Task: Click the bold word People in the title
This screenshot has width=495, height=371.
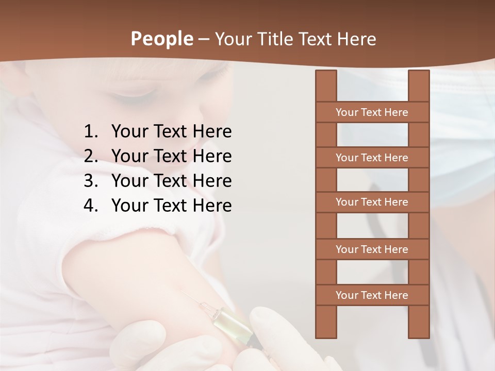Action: click(x=162, y=39)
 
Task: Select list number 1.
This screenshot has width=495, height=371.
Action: click(x=91, y=132)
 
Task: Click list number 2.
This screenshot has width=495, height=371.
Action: click(x=91, y=156)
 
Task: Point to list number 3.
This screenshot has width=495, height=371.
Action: click(x=91, y=181)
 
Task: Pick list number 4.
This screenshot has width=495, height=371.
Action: click(x=91, y=206)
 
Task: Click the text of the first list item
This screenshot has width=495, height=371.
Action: click(x=171, y=132)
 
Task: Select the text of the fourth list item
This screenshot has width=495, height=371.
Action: click(x=171, y=206)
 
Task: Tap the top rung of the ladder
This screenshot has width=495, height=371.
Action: click(x=372, y=112)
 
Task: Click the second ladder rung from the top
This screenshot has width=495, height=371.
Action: click(x=372, y=158)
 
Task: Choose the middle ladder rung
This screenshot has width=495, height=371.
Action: click(x=372, y=202)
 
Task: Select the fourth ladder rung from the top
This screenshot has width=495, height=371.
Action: click(x=372, y=249)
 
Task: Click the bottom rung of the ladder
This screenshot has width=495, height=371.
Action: click(x=372, y=295)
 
